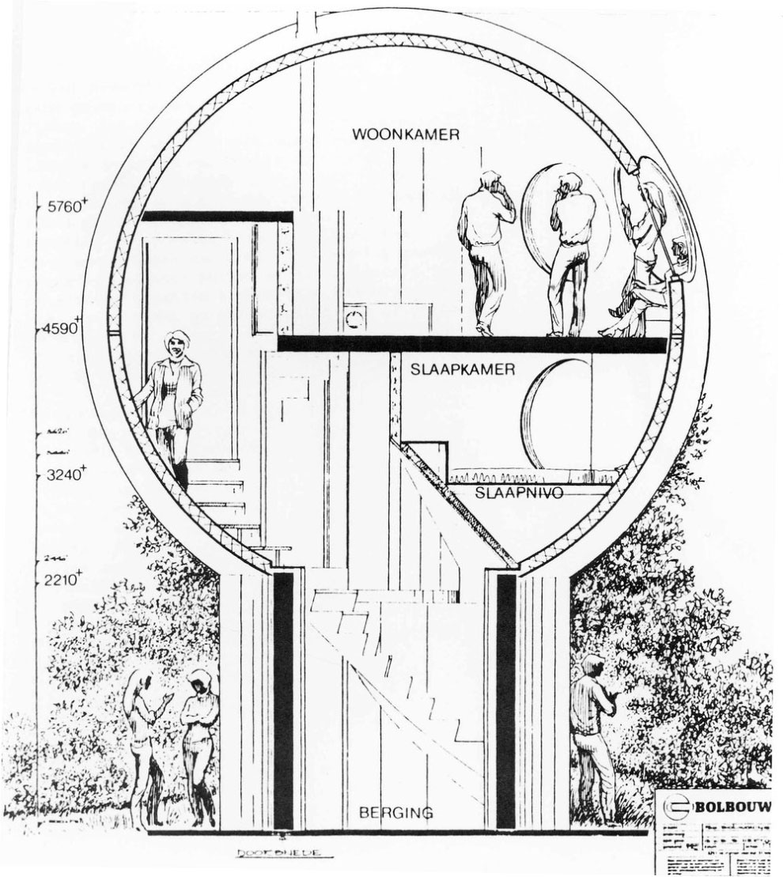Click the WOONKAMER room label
point(406,135)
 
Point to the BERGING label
point(395,812)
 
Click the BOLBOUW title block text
point(735,807)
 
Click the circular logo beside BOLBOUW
point(678,808)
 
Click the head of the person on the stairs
point(174,343)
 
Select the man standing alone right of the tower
point(593,728)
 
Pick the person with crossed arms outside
point(198,735)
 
